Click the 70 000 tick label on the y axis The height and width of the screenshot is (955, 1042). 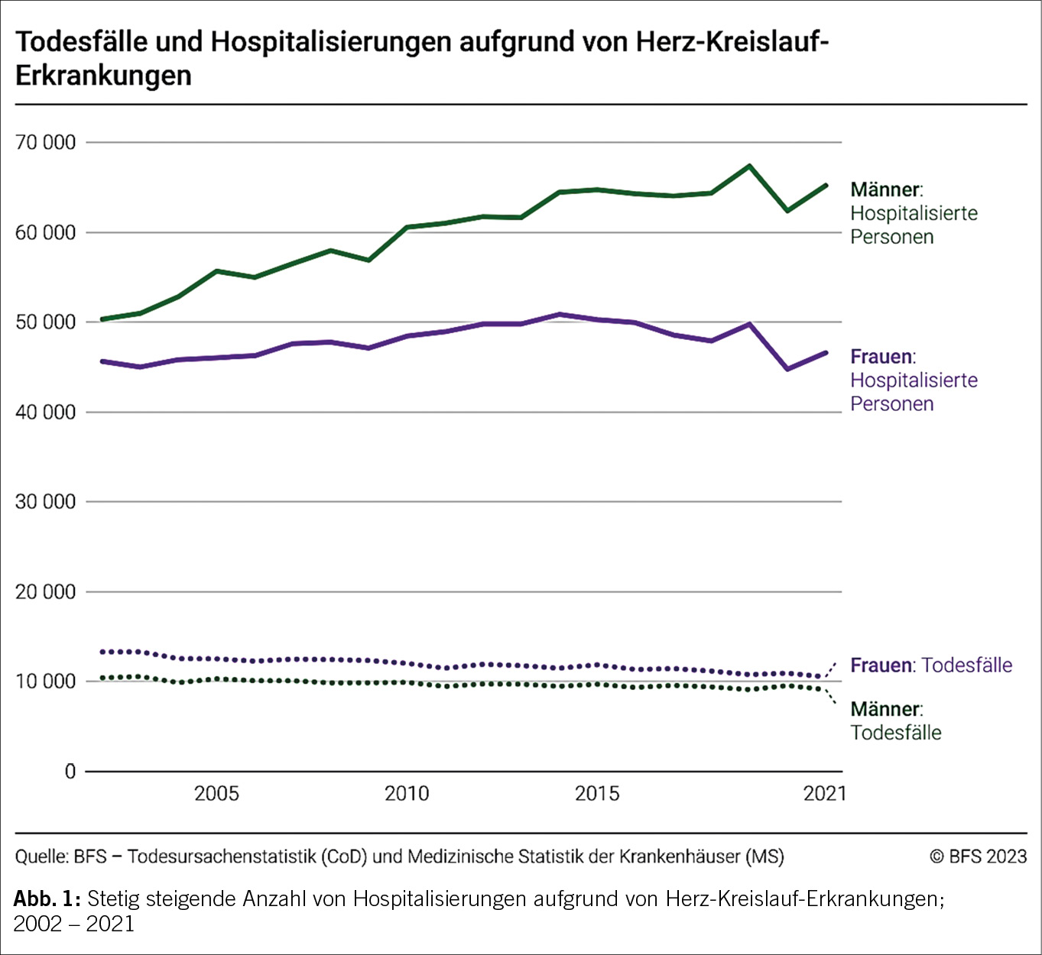(46, 142)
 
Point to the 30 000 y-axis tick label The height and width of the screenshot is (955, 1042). (46, 502)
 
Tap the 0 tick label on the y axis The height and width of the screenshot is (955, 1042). (70, 772)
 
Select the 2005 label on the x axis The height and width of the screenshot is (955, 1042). (216, 794)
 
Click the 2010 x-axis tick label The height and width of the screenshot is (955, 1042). (407, 794)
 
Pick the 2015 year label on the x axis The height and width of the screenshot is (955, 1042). (597, 794)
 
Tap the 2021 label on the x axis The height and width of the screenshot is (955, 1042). (825, 794)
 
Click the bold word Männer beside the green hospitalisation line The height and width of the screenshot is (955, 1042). (885, 189)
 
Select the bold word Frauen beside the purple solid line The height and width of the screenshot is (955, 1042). (881, 357)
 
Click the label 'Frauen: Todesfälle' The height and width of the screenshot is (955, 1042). (931, 665)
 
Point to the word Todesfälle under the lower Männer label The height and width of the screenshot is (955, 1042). (896, 733)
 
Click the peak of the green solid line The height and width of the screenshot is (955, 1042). (749, 166)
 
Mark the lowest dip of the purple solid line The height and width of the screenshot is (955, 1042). (787, 369)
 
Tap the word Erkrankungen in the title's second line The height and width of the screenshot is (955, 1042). (103, 76)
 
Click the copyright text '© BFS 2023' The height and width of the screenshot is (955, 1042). (978, 856)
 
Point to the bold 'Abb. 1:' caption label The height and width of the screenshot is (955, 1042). (47, 898)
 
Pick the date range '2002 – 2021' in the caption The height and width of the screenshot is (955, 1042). (74, 924)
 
